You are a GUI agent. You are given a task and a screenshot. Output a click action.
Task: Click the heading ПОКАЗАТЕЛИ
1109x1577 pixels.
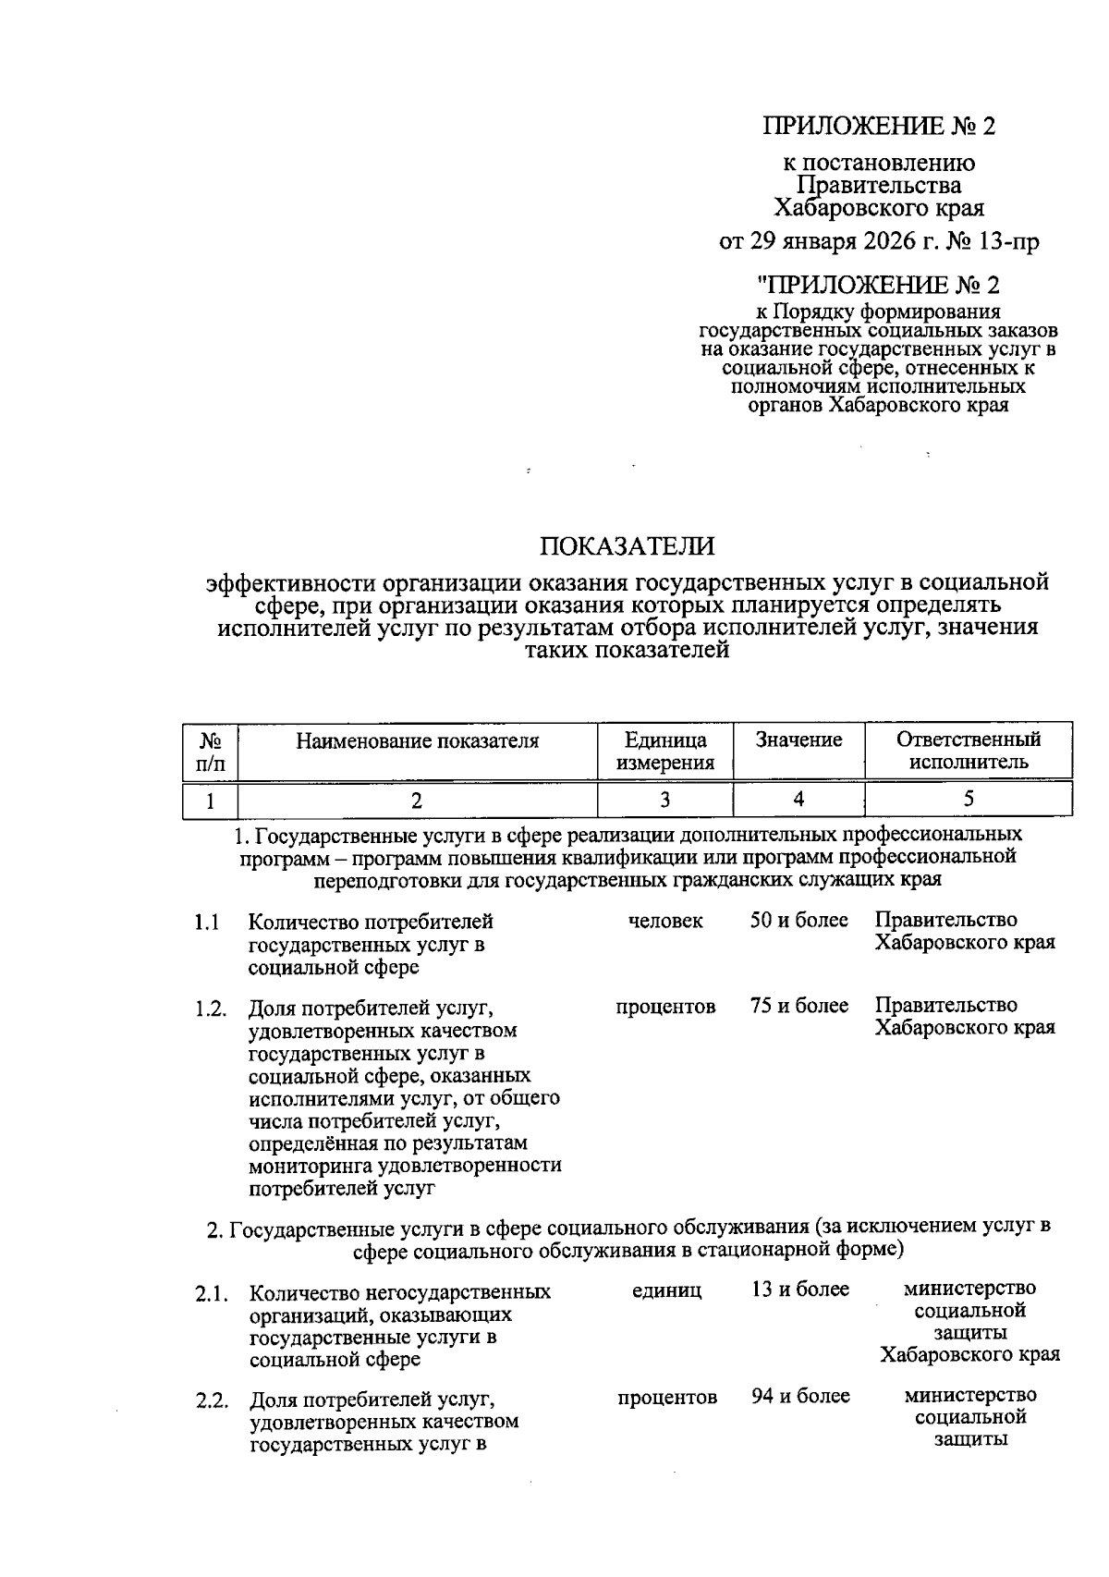pos(628,546)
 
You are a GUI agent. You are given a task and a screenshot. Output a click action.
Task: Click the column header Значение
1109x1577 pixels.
pos(798,740)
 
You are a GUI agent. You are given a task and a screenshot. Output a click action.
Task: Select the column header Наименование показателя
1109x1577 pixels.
pos(417,740)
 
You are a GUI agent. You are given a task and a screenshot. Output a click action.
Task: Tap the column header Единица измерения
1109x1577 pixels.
pos(665,752)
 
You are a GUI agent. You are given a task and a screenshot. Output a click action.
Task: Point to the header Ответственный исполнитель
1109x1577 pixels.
pos(968,751)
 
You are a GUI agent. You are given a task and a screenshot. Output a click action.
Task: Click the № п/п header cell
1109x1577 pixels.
pos(210,752)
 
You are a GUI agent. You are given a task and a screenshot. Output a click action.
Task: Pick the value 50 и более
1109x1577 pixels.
pos(798,921)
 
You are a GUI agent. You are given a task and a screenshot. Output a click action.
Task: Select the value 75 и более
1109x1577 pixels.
pos(798,1006)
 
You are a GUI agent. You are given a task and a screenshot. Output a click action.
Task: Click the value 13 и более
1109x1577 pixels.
pos(799,1290)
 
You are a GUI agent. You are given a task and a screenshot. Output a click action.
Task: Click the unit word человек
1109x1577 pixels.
pos(665,921)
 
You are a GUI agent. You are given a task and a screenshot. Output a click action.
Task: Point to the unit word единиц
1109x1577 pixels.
pos(666,1290)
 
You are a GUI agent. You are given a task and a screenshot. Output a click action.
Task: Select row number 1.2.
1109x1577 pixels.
pos(211,1009)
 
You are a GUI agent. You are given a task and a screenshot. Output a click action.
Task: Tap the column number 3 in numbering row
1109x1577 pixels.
pos(665,800)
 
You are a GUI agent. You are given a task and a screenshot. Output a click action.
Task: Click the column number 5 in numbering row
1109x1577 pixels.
pos(968,800)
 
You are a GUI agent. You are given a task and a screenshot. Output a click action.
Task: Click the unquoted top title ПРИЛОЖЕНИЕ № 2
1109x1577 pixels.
pos(879,127)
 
